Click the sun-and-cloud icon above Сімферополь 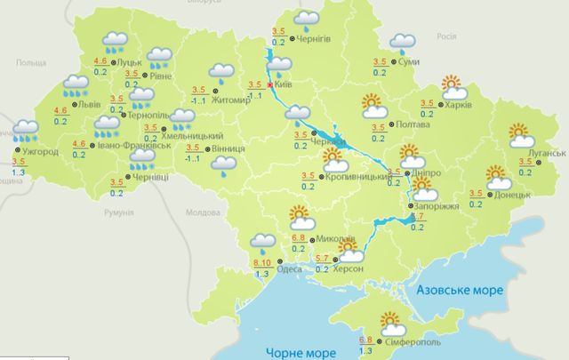[391, 323]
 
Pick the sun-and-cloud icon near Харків [454, 88]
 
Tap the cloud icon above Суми [403, 41]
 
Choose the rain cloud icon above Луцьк [114, 41]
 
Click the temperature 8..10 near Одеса [262, 264]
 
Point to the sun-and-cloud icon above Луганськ [521, 136]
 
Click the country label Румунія [117, 213]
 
